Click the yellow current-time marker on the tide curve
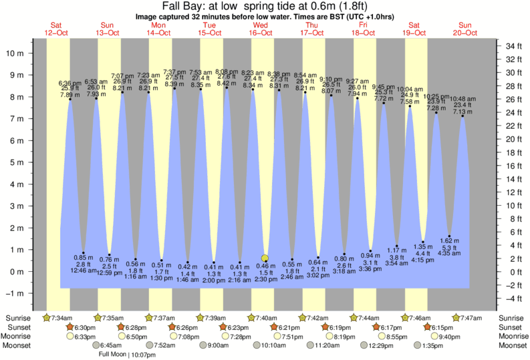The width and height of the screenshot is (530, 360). [265, 258]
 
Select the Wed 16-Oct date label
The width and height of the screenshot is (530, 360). [260, 28]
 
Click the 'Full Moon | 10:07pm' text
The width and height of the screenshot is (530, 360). [127, 355]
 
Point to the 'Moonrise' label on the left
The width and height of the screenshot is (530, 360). [21, 337]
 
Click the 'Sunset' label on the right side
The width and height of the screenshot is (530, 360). [509, 327]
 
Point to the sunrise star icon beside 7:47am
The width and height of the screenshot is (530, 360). [456, 317]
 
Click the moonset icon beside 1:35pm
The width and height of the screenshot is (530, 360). [417, 346]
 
